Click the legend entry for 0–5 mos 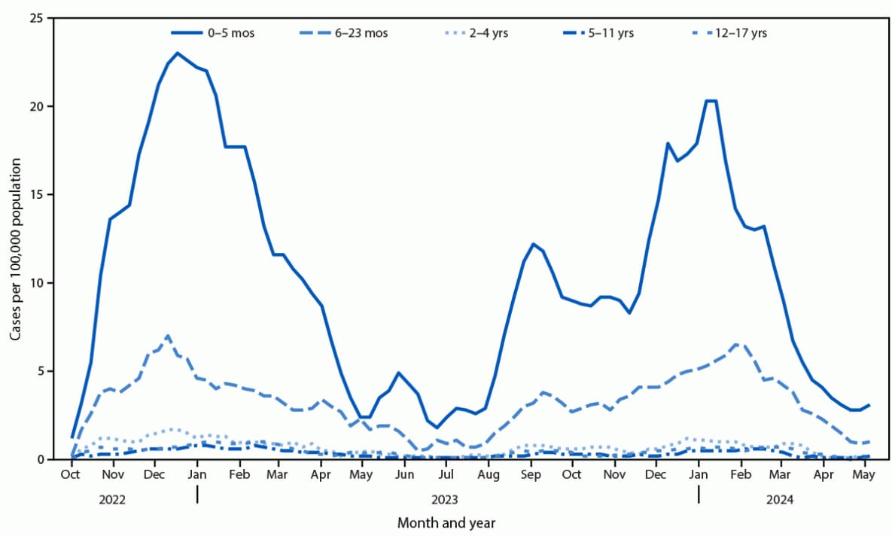[212, 33]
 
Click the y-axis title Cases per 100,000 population [16, 239]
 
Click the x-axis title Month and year [446, 522]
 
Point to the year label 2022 [112, 498]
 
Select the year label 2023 [446, 498]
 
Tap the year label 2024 [781, 498]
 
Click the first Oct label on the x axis [71, 475]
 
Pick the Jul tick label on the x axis [446, 475]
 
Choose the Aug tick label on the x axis [488, 475]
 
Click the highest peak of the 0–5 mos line [177, 53]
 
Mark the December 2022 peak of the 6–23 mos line [167, 336]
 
